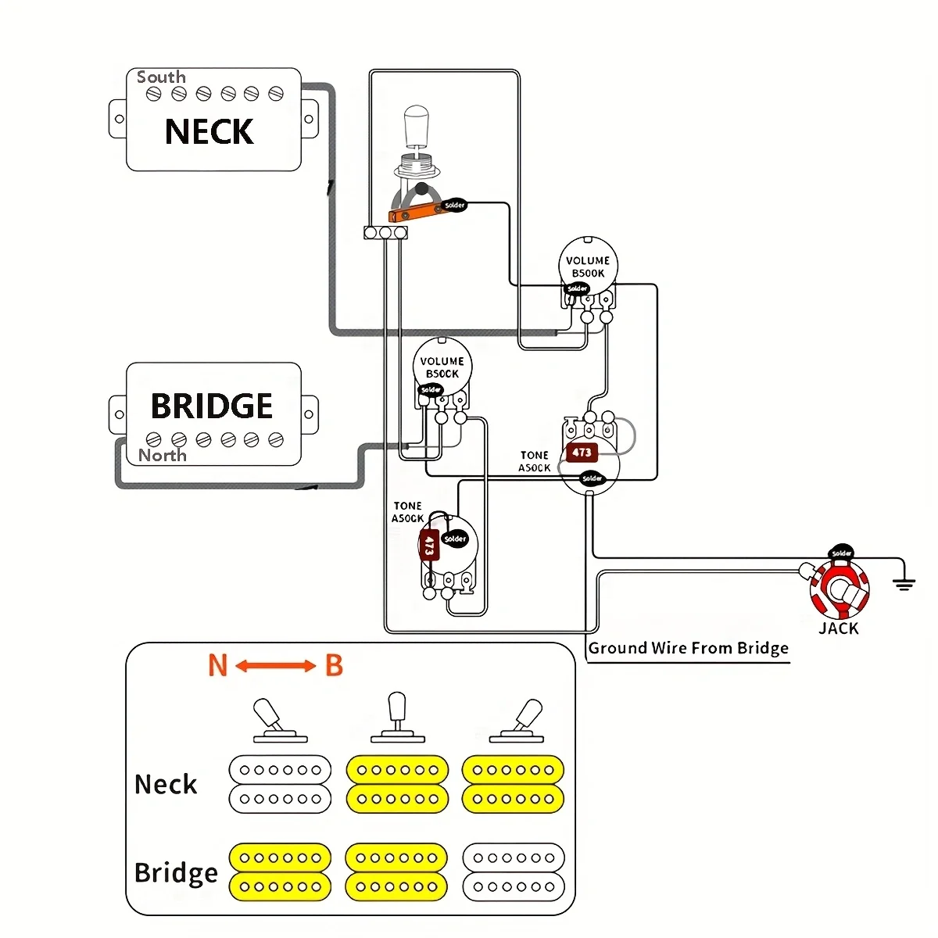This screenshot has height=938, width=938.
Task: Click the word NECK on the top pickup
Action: click(209, 131)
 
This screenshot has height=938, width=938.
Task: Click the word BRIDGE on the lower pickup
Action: click(212, 406)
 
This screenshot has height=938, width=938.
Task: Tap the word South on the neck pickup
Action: click(161, 77)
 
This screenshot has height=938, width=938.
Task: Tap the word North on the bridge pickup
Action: click(163, 455)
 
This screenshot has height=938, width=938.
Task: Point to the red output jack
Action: click(839, 590)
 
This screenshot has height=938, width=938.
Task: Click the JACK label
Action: click(839, 628)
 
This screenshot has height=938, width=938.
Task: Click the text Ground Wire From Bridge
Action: click(688, 648)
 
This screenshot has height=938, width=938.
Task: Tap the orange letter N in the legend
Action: click(217, 666)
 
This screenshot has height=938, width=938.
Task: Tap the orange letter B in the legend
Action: click(334, 666)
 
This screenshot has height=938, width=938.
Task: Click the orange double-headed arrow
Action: click(275, 666)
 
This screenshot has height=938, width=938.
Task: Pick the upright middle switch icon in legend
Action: click(397, 716)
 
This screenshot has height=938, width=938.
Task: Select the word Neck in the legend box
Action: click(166, 784)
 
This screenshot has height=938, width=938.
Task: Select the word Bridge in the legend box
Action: click(176, 872)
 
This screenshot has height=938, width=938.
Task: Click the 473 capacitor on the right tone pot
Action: click(582, 453)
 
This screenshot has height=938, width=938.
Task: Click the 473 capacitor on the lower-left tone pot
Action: click(429, 544)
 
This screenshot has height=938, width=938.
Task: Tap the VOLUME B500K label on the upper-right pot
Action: click(588, 267)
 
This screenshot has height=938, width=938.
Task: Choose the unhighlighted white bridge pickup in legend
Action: click(513, 872)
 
